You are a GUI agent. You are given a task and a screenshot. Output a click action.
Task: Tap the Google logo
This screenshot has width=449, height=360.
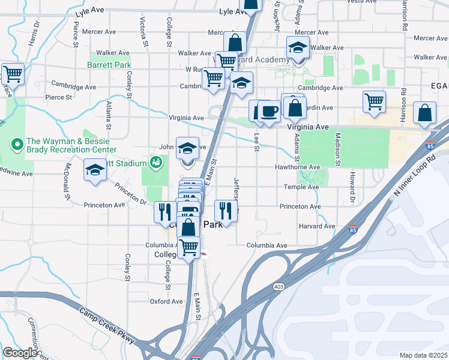[19, 353]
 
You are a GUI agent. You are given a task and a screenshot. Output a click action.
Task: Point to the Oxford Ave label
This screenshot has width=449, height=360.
[166, 302]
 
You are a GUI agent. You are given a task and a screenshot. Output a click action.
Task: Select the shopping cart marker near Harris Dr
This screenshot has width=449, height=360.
[13, 74]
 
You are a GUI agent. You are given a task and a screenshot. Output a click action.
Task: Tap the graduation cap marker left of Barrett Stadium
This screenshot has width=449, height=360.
[95, 171]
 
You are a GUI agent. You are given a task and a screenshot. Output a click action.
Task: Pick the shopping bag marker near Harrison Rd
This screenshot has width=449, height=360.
[425, 113]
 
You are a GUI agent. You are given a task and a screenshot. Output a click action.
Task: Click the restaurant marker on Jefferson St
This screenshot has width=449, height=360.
[226, 211]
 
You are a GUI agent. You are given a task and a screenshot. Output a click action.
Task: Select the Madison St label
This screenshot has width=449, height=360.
[338, 149]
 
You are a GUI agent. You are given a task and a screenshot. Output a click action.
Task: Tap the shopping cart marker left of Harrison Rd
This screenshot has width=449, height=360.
[375, 101]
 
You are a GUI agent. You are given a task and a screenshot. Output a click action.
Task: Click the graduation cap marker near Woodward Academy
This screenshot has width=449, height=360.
[298, 49]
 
